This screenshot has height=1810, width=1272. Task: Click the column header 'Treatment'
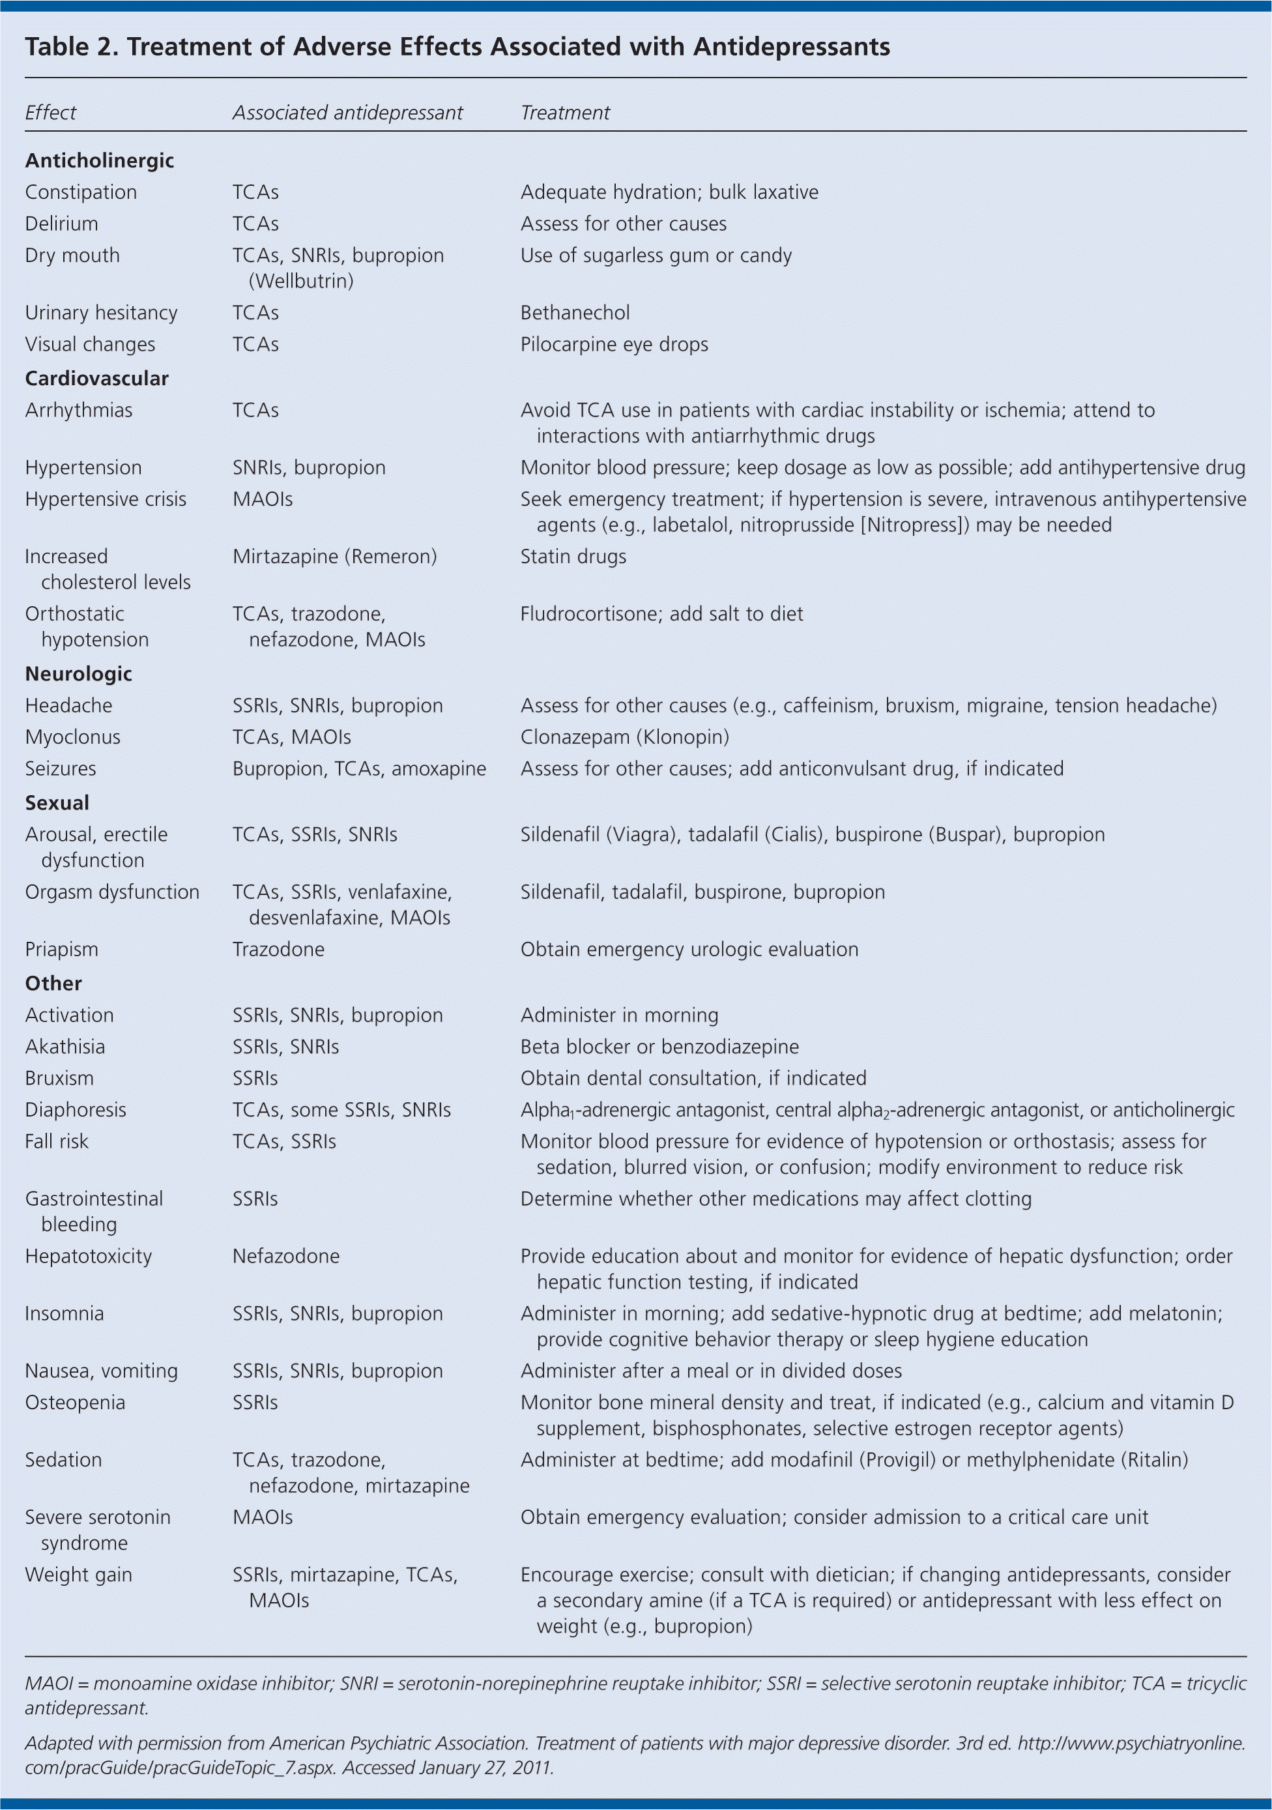pyautogui.click(x=564, y=113)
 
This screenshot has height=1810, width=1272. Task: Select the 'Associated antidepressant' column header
pyautogui.click(x=347, y=113)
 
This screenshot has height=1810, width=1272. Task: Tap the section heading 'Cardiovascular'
pyautogui.click(x=96, y=379)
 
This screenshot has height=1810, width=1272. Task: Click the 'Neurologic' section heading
pyautogui.click(x=78, y=673)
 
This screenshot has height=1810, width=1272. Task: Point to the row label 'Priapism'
pyautogui.click(x=61, y=949)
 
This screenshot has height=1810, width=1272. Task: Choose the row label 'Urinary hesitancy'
pyautogui.click(x=101, y=312)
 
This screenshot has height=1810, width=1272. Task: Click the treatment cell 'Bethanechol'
pyautogui.click(x=575, y=312)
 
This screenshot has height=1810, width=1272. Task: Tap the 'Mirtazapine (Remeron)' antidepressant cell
pyautogui.click(x=334, y=556)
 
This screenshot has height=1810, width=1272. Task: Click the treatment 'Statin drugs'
pyautogui.click(x=573, y=556)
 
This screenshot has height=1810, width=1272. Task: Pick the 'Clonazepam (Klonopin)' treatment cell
pyautogui.click(x=624, y=737)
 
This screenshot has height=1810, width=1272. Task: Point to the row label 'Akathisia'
pyautogui.click(x=65, y=1046)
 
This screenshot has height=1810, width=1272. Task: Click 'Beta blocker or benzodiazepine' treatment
pyautogui.click(x=659, y=1046)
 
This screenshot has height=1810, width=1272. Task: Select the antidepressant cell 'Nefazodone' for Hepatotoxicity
pyautogui.click(x=285, y=1256)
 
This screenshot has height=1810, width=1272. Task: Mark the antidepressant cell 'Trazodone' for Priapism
pyautogui.click(x=278, y=949)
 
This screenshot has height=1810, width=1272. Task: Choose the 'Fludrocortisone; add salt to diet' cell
pyautogui.click(x=661, y=613)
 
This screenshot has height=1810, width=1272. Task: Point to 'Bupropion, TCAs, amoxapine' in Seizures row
pyautogui.click(x=358, y=768)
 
